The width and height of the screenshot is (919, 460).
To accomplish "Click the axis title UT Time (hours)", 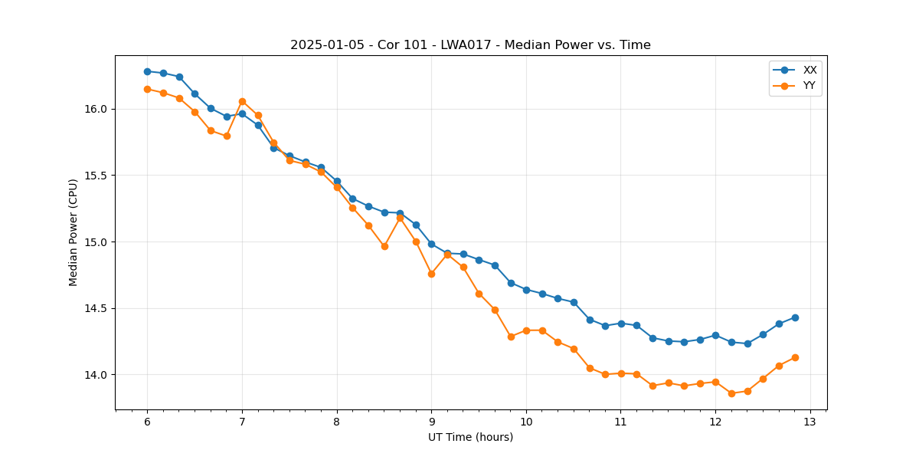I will point(470,437).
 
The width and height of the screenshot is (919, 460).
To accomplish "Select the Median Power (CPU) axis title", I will point(74,232).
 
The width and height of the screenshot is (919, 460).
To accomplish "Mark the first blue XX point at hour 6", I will point(147,71).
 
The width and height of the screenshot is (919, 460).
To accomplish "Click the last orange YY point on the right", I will point(795,357).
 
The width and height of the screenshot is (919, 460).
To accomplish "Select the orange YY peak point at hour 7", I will point(242,101).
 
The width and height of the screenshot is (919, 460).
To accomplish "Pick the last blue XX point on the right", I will point(795,317).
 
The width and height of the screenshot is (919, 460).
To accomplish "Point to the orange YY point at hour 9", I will point(431,274).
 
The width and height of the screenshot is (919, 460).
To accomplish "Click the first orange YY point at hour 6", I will point(147,89).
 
